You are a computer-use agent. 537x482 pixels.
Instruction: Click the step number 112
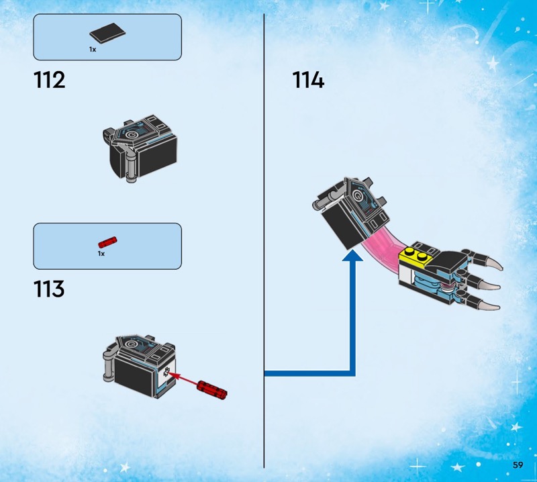coord(49,80)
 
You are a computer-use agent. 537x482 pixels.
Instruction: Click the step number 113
coord(49,289)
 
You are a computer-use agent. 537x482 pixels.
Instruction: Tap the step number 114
coord(308,80)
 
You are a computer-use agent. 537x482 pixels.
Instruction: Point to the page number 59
coord(518,465)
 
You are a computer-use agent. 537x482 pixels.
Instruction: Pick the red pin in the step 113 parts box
coord(107,242)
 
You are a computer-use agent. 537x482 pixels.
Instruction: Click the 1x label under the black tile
coord(93,50)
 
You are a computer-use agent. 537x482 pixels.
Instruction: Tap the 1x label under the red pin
coord(101,254)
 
